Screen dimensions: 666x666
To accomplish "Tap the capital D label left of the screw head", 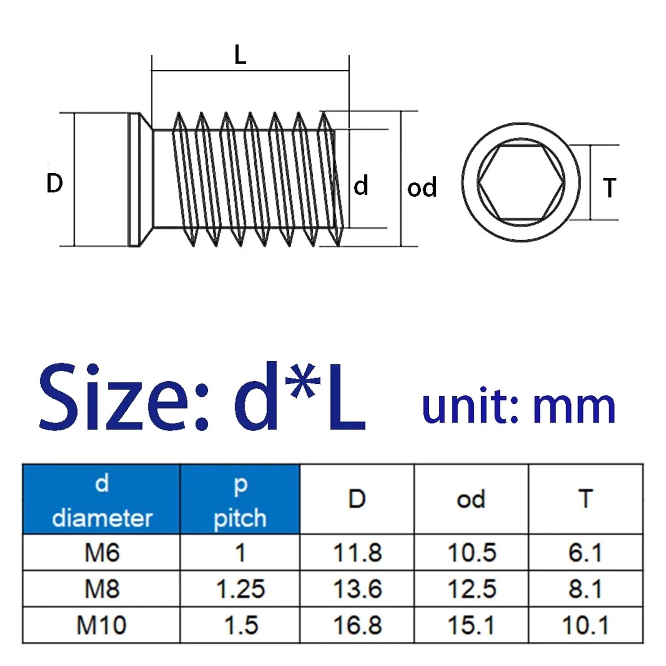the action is [x=55, y=183].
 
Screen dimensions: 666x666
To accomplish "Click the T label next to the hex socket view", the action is [x=609, y=188].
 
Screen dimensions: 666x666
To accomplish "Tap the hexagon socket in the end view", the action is [x=521, y=182].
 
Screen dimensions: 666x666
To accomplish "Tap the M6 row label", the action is [x=102, y=553].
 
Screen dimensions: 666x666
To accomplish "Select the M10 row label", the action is [x=102, y=625].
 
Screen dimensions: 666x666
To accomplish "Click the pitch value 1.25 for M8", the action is [x=241, y=589].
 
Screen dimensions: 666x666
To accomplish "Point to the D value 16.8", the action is [x=358, y=625].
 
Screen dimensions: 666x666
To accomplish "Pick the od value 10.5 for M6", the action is [x=472, y=553].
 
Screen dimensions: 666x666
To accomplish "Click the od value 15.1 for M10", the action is [x=472, y=625].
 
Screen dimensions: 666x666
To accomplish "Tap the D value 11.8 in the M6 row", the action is [x=358, y=553].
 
